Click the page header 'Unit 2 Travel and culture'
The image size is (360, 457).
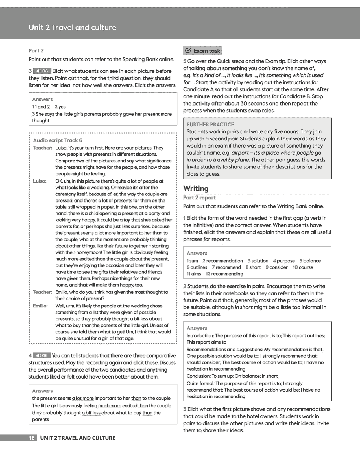pos(72,27)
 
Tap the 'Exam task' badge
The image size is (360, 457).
pos(203,51)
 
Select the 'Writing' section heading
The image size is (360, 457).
pos(196,188)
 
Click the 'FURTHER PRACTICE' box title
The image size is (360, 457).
pos(210,124)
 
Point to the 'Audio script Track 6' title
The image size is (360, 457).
pos(58,140)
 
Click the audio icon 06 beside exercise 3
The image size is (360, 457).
pos(42,71)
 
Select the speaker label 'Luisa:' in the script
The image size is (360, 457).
pos(40,181)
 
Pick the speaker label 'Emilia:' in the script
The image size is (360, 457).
pos(40,306)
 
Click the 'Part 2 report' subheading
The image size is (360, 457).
pos(199,198)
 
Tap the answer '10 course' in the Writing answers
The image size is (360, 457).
pos(303,267)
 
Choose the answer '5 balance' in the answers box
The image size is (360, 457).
pos(310,261)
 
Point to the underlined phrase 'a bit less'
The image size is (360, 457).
pos(91,413)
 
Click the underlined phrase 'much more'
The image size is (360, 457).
pos(110,406)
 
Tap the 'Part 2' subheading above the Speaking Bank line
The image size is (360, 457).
pos(36,51)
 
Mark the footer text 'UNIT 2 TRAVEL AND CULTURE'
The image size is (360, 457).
pos(78,438)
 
